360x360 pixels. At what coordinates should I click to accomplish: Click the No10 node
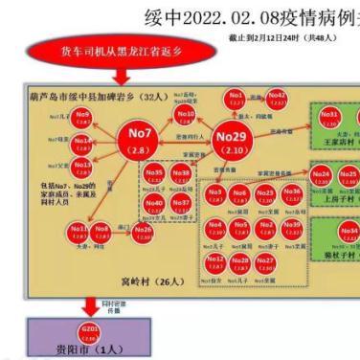[x=185, y=115]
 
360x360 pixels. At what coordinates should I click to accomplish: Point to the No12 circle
[x=215, y=260]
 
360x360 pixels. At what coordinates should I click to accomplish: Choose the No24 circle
[x=323, y=175]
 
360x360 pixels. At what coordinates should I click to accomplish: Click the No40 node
[x=154, y=203]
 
